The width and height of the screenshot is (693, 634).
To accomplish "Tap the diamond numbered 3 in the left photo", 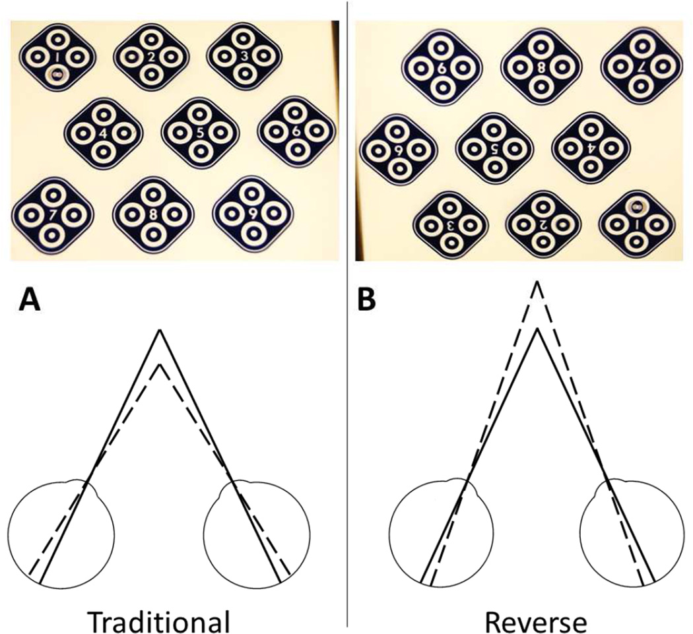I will [244, 56].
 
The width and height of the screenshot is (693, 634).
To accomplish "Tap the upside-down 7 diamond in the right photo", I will [638, 67].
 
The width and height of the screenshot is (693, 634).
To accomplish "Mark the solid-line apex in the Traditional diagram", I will [159, 331].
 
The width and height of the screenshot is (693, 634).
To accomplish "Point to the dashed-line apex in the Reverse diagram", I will [537, 283].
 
